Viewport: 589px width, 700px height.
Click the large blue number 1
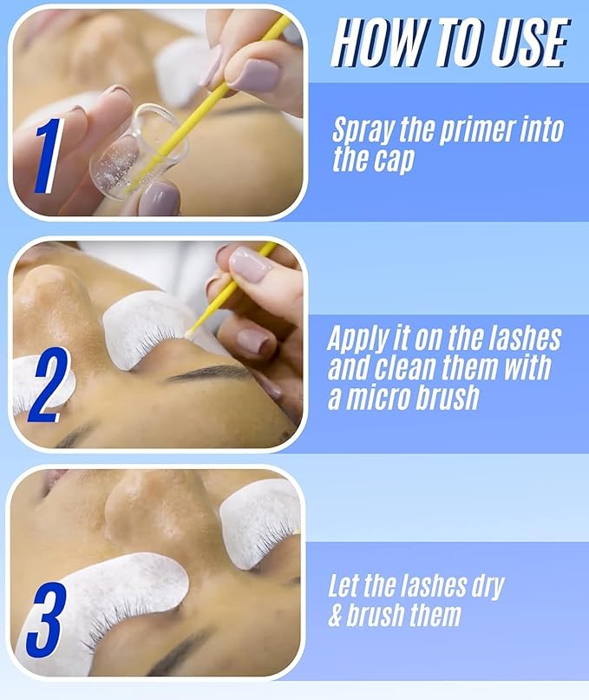coord(49,156)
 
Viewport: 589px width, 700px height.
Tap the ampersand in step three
coord(336,615)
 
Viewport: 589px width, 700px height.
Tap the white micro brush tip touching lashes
coord(188,333)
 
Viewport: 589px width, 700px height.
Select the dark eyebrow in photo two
coord(210,373)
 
